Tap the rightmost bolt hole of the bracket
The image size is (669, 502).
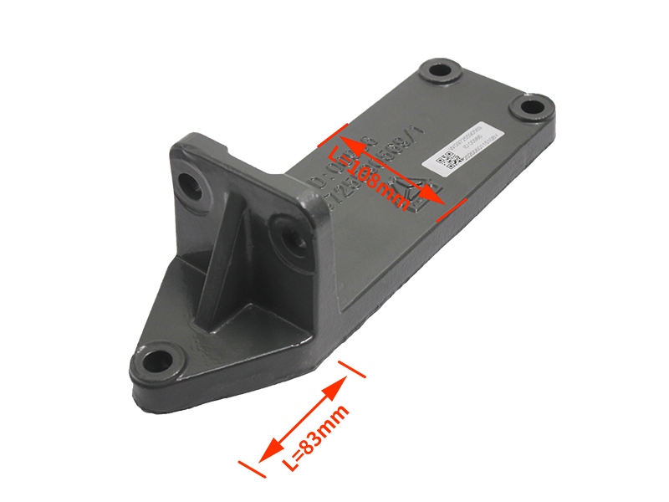[x=529, y=106]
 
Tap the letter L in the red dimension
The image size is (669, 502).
[x=336, y=155]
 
